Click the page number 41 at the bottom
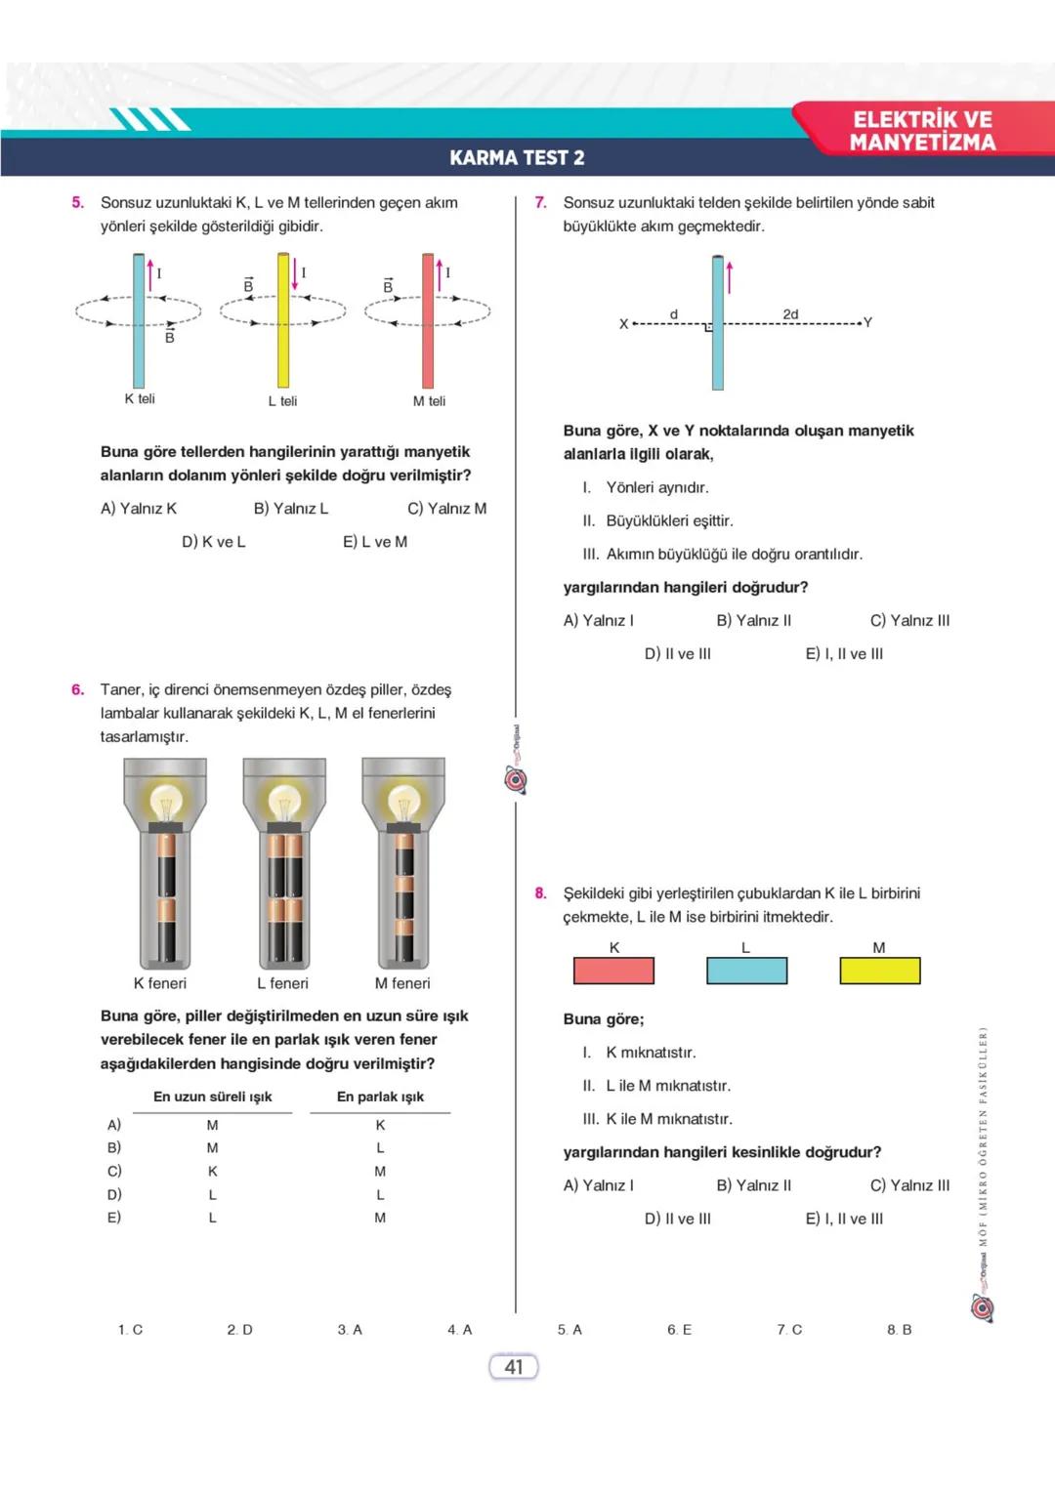coord(514,1367)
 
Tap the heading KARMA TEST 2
coord(517,158)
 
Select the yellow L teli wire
coord(283,322)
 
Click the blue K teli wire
coord(139,322)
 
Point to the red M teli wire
coord(428,322)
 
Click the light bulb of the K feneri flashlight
coord(165,802)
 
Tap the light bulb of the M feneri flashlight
coord(403,802)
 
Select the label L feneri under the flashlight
coord(282,983)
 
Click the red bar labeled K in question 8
coord(613,971)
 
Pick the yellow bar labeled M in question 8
coord(880,971)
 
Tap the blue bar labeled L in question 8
coord(746,971)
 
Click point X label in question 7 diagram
coord(623,324)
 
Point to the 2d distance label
coord(790,313)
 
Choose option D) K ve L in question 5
coord(214,542)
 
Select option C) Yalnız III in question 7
coord(909,621)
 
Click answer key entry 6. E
coord(679,1330)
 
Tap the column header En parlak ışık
coord(380,1097)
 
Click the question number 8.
coord(540,893)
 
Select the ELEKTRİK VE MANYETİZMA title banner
coord(922,131)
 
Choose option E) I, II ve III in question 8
coord(844,1219)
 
